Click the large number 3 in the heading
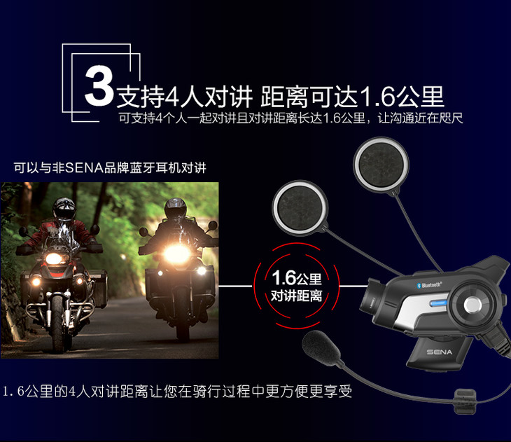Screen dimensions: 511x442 (x=99, y=85)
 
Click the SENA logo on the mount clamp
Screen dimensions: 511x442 (x=440, y=352)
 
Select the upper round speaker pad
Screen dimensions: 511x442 (x=381, y=164)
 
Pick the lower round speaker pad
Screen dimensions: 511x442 (x=300, y=207)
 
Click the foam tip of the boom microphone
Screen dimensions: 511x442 (x=321, y=347)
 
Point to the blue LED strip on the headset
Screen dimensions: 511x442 (x=439, y=303)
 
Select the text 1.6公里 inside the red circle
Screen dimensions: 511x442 (x=297, y=278)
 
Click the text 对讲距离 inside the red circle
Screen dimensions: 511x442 (x=297, y=296)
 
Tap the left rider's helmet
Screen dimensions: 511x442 (x=64, y=209)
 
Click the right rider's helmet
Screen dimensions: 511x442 (x=175, y=208)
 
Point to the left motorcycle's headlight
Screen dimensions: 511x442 (x=54, y=258)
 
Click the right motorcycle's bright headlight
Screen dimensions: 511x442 (x=177, y=254)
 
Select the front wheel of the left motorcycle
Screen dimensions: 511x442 (x=58, y=324)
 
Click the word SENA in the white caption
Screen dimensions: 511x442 (x=85, y=168)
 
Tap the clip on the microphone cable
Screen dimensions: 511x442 (x=465, y=401)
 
